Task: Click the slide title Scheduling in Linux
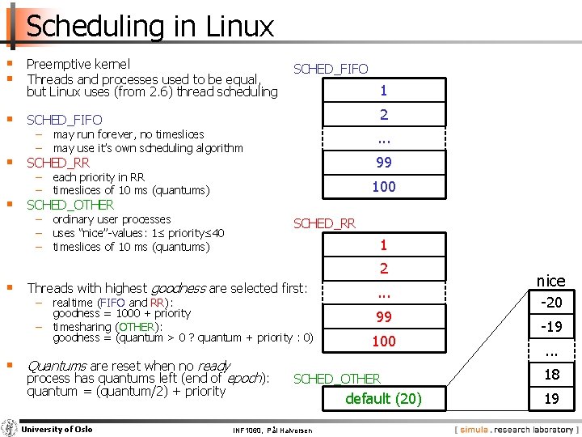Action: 150,27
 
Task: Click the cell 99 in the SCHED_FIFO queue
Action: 384,162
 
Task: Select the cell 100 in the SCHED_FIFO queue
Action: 384,187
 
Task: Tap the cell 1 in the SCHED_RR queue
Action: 384,244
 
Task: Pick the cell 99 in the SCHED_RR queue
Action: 384,316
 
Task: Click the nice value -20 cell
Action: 551,303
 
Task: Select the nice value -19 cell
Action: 551,328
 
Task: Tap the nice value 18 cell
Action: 551,375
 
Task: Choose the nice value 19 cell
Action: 551,398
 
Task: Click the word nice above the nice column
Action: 551,281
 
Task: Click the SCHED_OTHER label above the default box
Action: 336,379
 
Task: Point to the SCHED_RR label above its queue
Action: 324,223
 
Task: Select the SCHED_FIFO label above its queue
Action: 331,70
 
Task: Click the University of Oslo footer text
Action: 57,429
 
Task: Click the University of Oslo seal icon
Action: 9,428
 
